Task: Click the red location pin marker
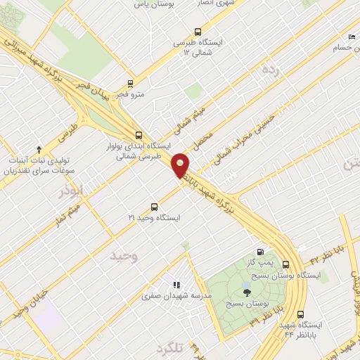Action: point(181,165)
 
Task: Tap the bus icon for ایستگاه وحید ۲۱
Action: point(154,207)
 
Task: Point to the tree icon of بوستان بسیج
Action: point(245,291)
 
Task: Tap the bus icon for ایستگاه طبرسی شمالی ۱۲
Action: point(198,32)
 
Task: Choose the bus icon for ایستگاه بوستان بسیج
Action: point(285,264)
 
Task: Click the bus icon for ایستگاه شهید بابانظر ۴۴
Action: point(300,314)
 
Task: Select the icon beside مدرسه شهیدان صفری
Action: point(176,285)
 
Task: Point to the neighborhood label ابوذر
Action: point(72,191)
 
